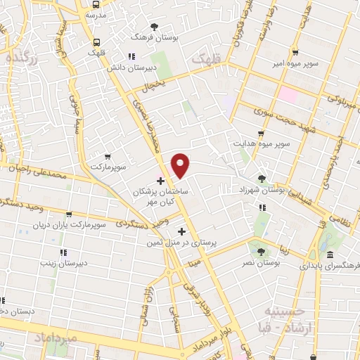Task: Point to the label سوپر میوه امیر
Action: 295,63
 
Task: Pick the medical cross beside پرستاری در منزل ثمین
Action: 182,231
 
